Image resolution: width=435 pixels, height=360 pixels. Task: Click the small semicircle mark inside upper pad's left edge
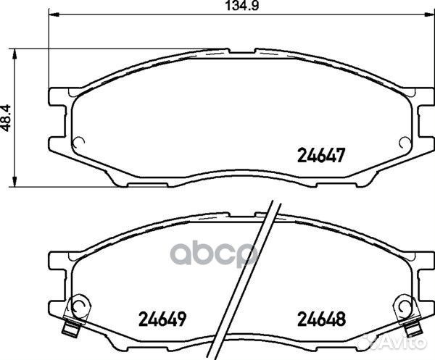point(81,142)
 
